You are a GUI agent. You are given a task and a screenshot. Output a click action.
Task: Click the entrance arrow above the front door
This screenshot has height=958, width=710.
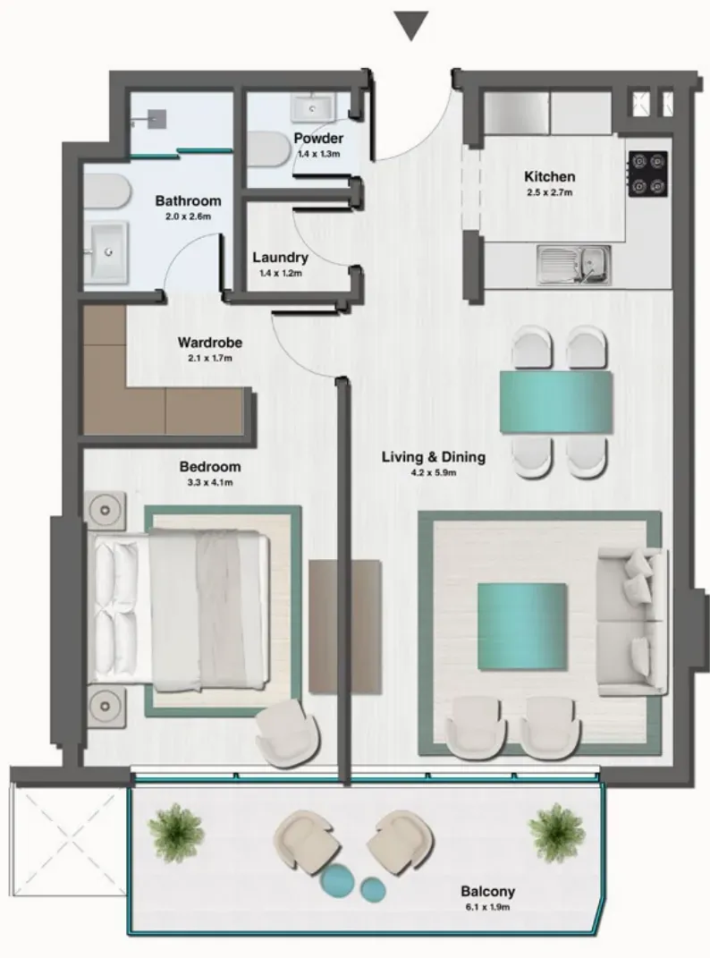pos(410,26)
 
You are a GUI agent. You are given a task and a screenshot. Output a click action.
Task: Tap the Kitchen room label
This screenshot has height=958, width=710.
pos(549,176)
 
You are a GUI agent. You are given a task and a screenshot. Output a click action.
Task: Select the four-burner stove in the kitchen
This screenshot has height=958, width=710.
pos(647,174)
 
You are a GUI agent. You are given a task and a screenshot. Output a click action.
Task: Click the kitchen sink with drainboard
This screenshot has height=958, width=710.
pos(574,265)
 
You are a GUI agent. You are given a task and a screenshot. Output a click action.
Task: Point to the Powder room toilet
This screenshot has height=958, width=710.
pos(269,148)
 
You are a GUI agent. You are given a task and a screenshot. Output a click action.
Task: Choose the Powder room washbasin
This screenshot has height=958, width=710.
pos(313,107)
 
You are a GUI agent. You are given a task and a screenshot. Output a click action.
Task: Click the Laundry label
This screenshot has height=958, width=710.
pos(280,258)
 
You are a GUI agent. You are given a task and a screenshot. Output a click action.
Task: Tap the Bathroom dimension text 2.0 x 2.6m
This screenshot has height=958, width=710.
pos(188,216)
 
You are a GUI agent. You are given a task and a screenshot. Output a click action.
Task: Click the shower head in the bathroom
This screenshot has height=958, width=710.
pos(157,119)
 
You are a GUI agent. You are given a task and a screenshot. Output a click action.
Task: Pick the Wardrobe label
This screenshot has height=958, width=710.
pos(209,342)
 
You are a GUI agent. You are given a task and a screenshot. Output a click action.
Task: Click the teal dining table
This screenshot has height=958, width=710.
pos(556,402)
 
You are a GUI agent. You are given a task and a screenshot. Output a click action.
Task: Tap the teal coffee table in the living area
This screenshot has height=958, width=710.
pos(522,625)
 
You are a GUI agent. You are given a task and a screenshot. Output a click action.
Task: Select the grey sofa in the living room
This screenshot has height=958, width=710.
pos(632,622)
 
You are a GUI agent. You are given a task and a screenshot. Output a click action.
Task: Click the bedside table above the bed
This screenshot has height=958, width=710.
pos(106,510)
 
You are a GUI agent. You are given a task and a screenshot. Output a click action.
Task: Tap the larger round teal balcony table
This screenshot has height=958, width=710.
pos(337,880)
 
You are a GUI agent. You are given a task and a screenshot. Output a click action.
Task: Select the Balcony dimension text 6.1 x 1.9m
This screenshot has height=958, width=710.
pos(487,907)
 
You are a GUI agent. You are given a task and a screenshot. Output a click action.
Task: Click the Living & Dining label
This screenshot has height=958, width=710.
pos(433,457)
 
